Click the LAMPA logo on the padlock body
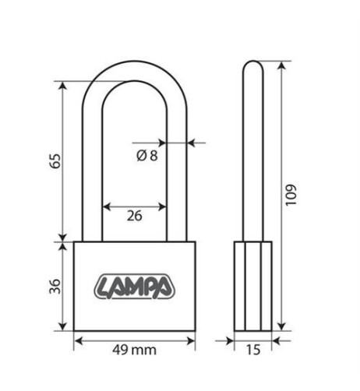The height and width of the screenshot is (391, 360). [134, 287]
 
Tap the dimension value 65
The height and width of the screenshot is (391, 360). [55, 161]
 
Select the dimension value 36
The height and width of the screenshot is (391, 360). [55, 287]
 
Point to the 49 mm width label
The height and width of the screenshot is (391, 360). [134, 350]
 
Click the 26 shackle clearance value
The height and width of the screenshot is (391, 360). [134, 216]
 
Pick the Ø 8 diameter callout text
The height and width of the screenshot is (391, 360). [147, 156]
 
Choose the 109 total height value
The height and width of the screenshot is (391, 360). [291, 195]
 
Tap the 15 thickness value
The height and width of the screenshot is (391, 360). [253, 350]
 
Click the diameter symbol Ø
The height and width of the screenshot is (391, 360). [141, 156]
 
